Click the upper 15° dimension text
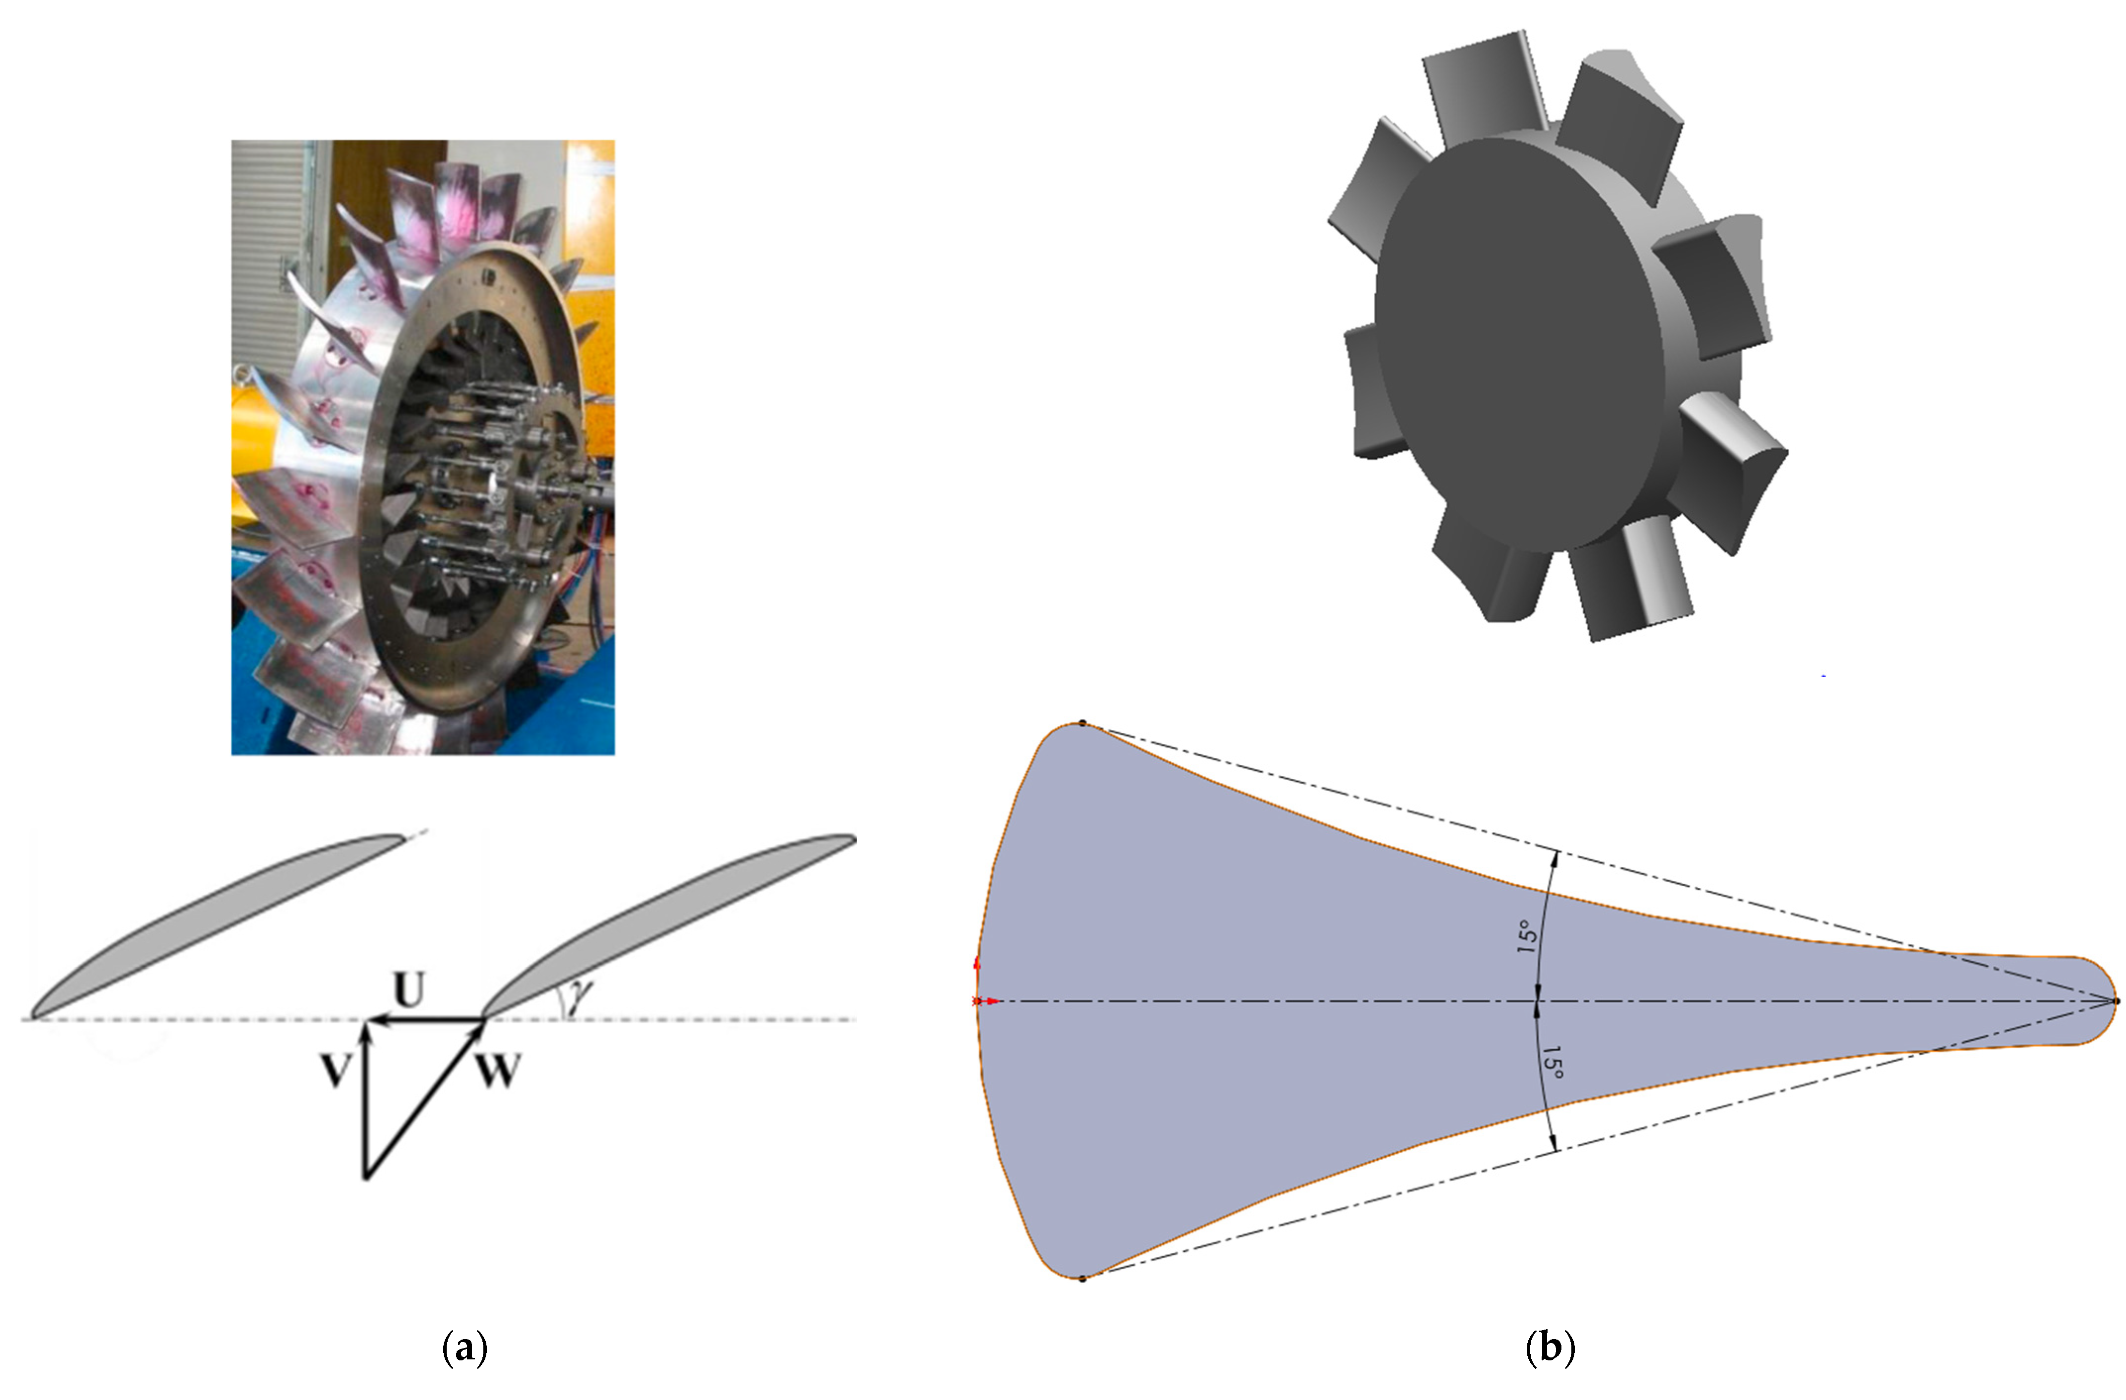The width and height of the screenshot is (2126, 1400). coord(1527,936)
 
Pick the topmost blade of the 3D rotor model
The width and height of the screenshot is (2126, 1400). coord(1483,85)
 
